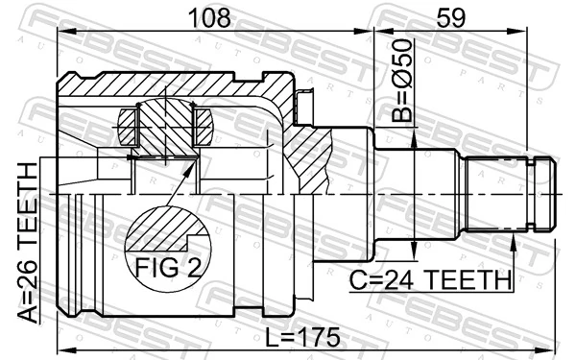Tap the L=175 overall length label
tap(302, 337)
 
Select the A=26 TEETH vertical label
tap(31, 244)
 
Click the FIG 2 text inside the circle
tap(168, 266)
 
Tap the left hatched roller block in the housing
tap(132, 126)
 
